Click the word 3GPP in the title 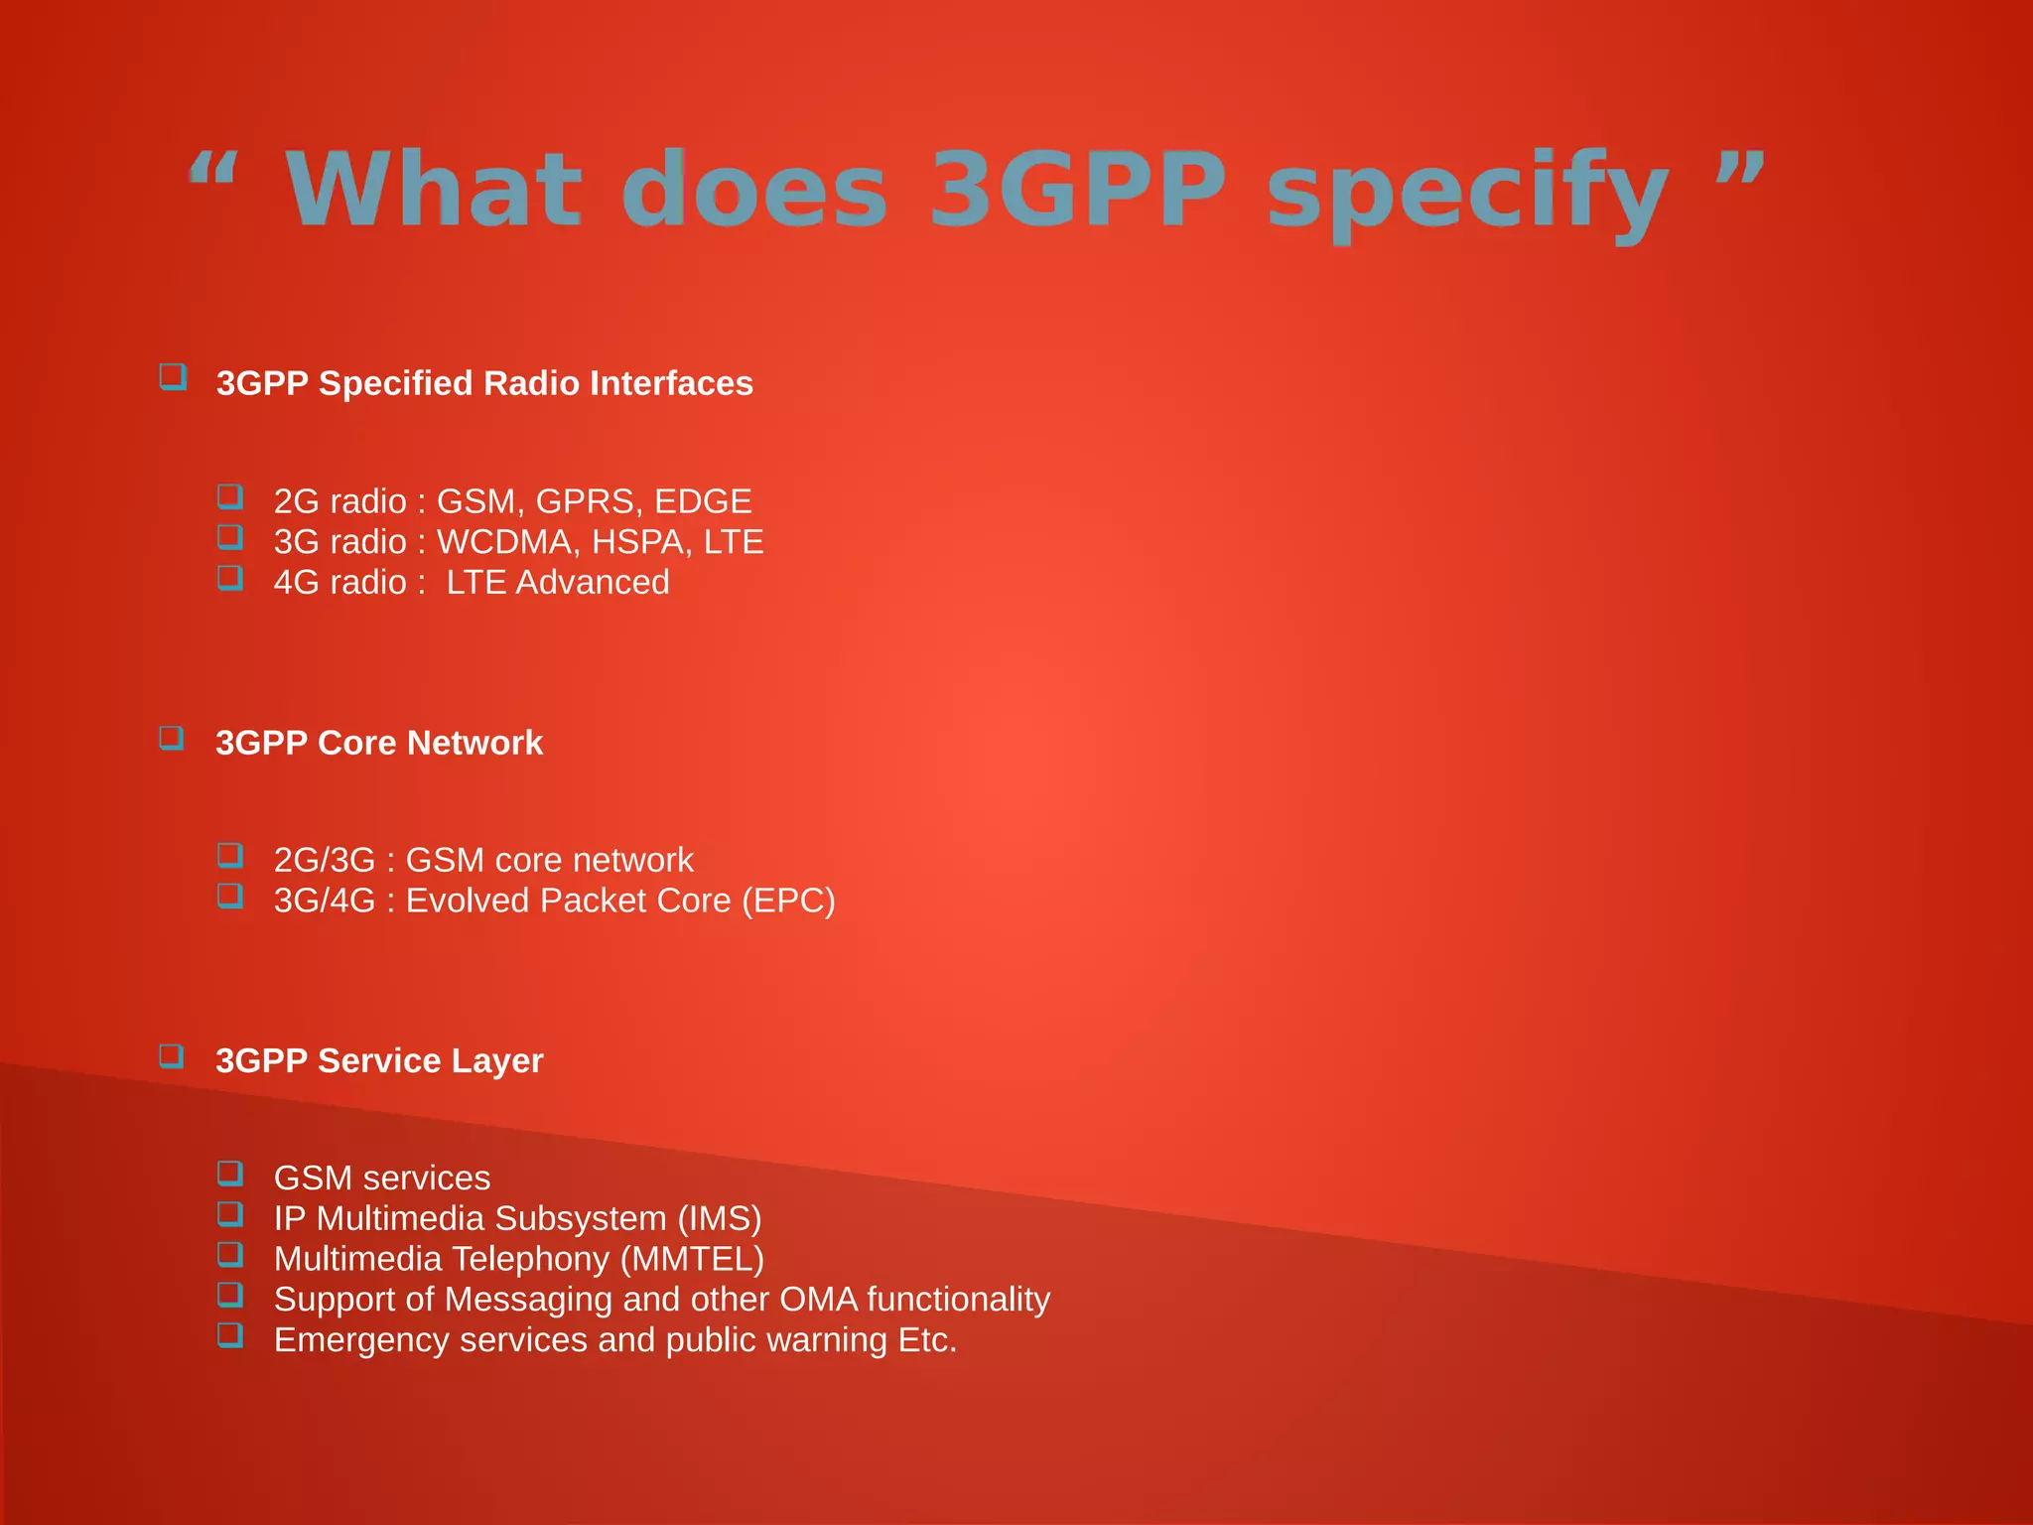1077,189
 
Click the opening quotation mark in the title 213,169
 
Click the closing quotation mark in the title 1739,169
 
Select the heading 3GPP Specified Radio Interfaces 484,383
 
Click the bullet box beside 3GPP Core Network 172,738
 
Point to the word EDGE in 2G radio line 703,501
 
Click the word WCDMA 504,542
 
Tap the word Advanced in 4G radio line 593,583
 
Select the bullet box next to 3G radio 230,537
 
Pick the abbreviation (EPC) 788,901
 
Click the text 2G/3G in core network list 325,860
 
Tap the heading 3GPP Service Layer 379,1060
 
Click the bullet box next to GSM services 230,1174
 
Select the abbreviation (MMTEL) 692,1259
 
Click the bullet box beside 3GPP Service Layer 172,1055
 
